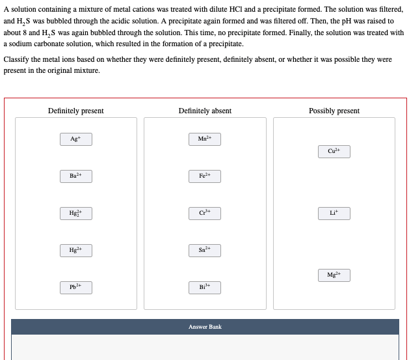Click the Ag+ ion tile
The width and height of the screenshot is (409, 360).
coord(76,139)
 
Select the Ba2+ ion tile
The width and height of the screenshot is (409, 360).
coord(76,176)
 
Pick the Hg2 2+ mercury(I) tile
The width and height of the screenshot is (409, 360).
coord(76,213)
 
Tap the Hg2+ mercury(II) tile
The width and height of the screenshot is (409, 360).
coord(76,250)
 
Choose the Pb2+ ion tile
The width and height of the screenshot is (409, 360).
coord(76,287)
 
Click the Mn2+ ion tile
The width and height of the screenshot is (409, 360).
coord(205,139)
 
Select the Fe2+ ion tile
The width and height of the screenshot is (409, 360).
coord(205,176)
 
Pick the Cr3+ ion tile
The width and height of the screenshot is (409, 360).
coord(205,213)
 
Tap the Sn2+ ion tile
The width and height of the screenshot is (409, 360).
coord(205,250)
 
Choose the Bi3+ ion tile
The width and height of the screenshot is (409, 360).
coord(205,287)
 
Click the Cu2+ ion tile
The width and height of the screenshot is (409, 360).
coord(334,152)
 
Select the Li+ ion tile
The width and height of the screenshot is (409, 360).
coord(334,213)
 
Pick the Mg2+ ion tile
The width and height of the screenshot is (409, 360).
coord(334,275)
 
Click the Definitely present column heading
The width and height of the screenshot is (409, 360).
coord(76,111)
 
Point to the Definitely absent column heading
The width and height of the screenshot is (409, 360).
coord(205,111)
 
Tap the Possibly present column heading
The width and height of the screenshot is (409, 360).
coord(334,111)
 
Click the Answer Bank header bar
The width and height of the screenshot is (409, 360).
coord(205,327)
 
